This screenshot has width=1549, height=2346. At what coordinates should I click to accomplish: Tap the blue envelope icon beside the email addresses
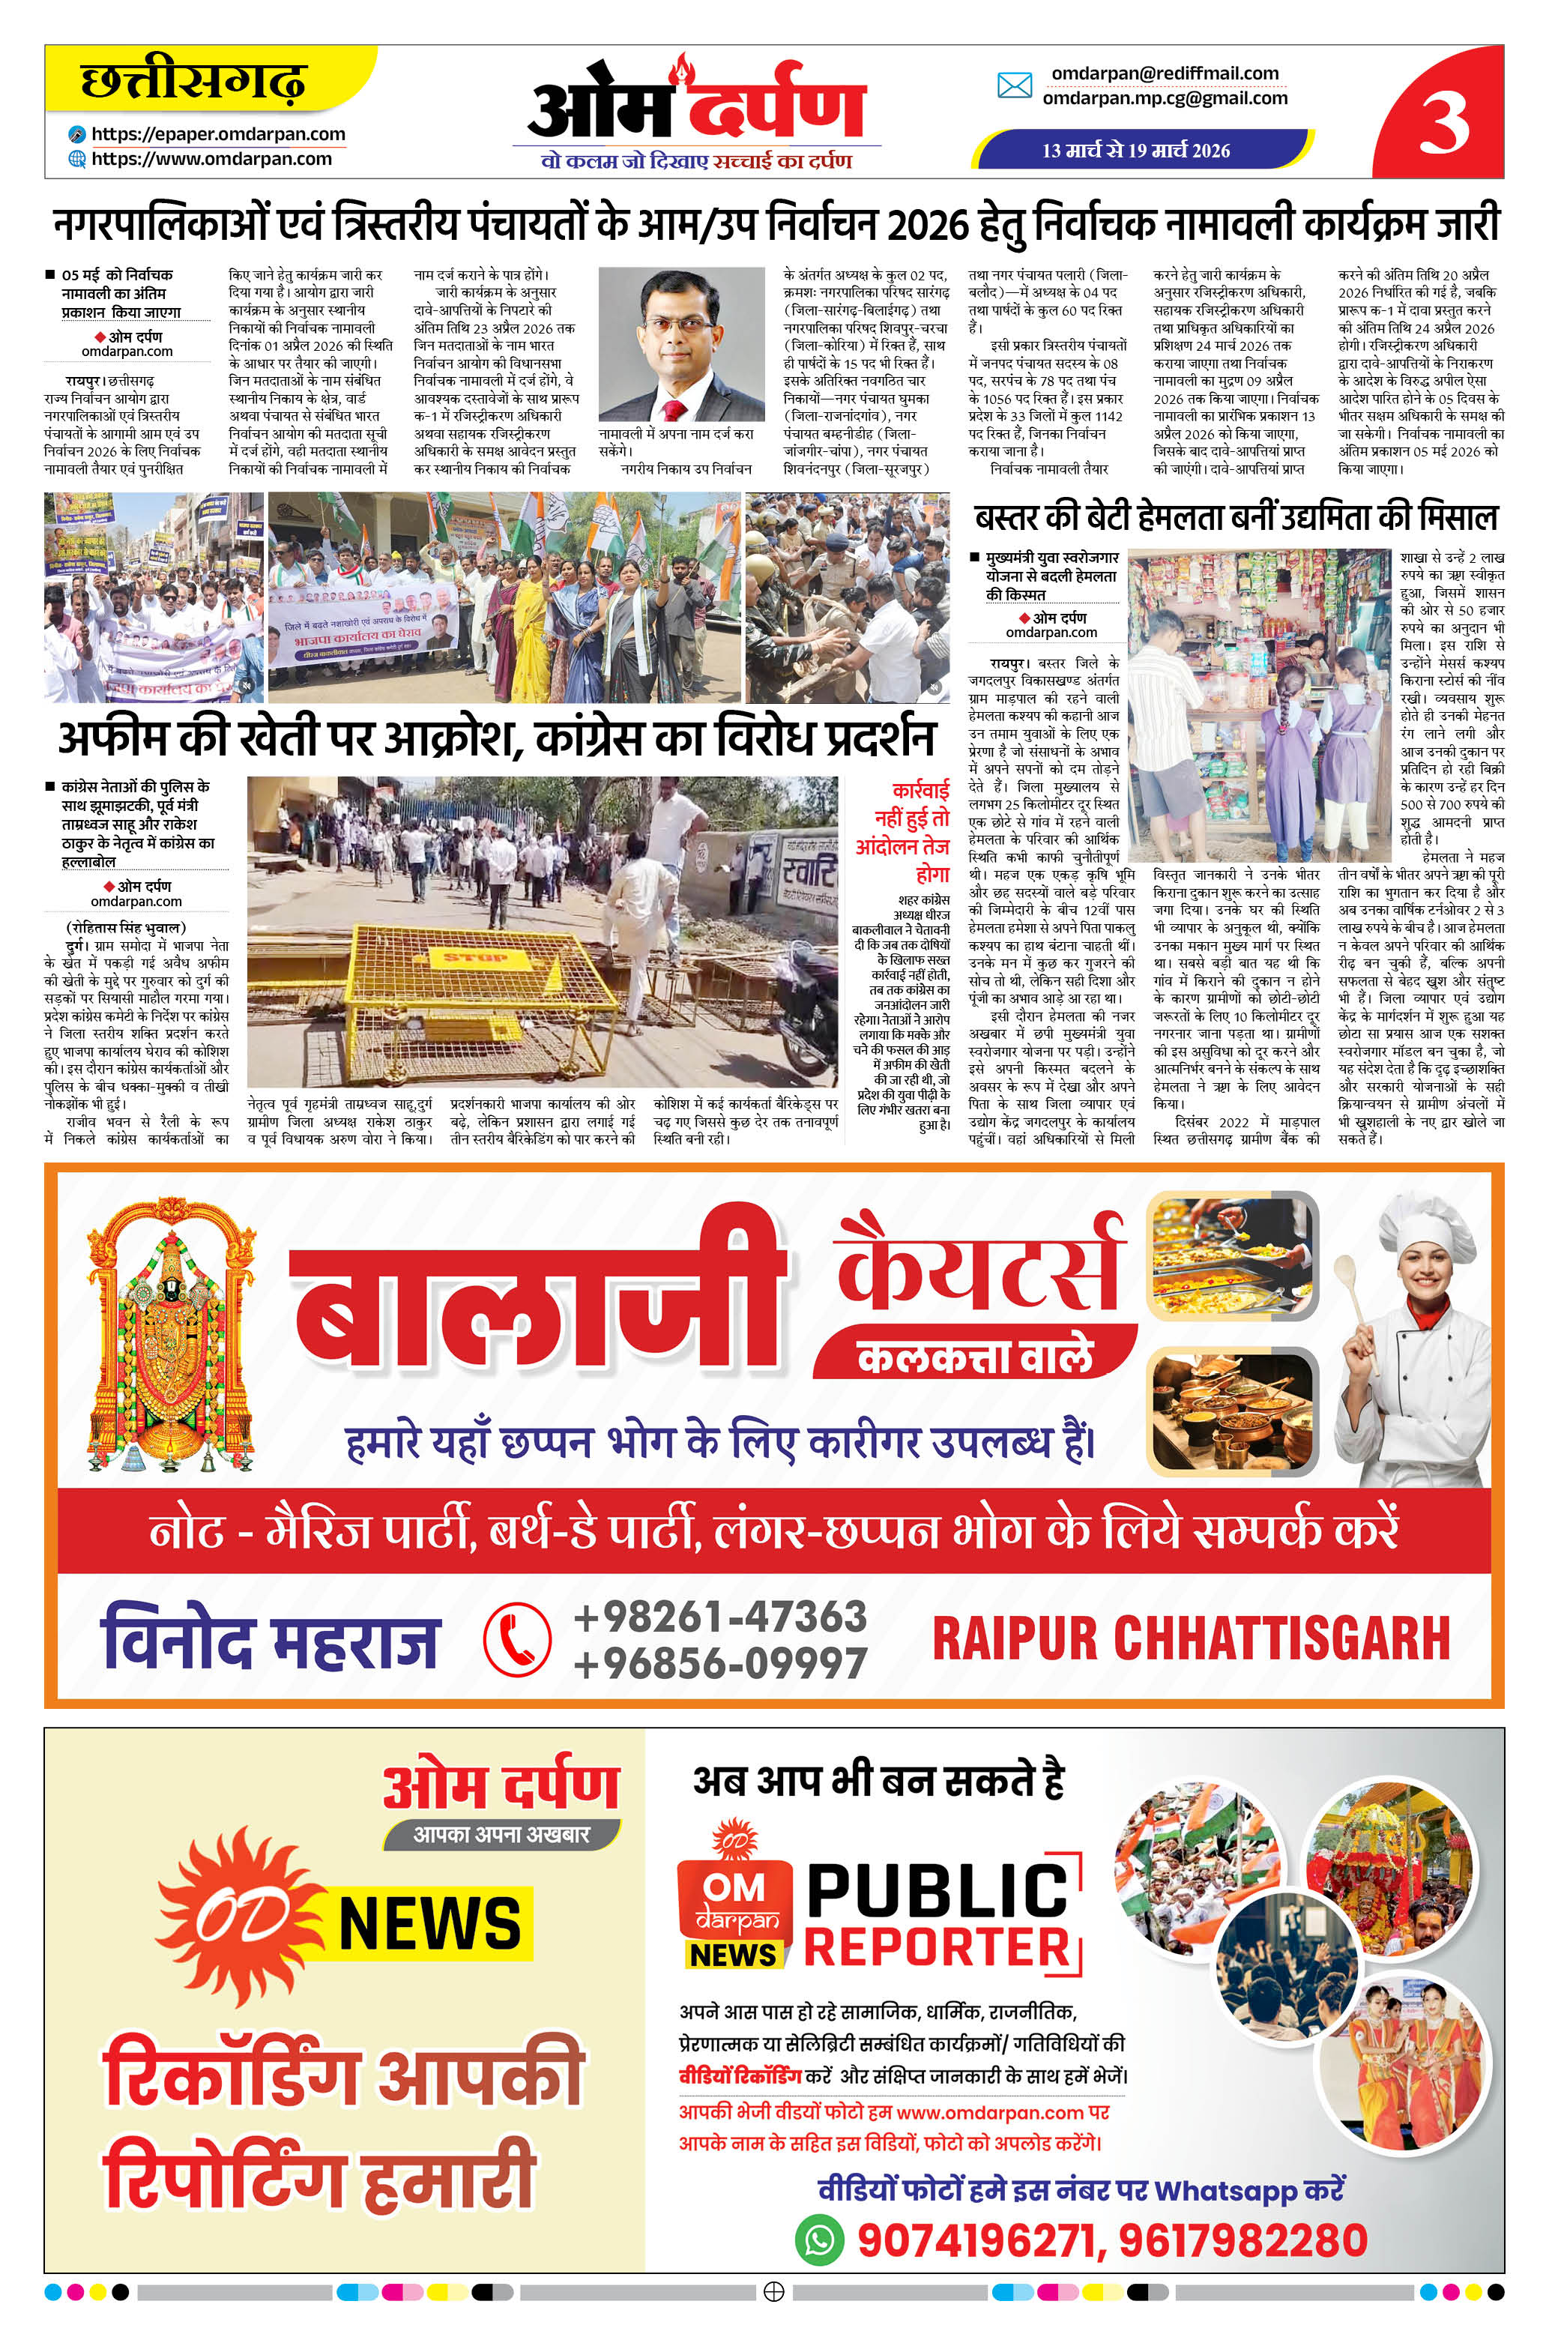point(1014,86)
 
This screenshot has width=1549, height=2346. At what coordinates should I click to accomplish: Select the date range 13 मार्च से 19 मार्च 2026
point(1136,150)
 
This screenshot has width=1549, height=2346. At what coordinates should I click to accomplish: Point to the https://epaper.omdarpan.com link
point(218,134)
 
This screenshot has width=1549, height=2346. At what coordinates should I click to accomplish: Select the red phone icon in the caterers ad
point(516,1638)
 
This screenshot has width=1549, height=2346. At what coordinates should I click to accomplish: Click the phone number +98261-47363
point(720,1617)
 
